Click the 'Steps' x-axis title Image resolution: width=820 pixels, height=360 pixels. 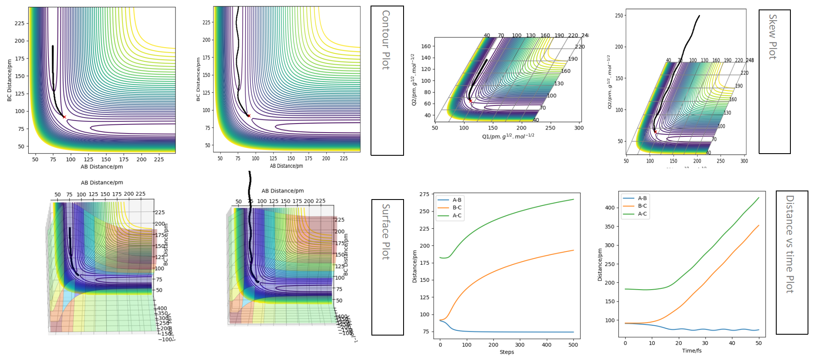point(506,352)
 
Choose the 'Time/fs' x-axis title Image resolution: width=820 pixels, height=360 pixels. point(692,351)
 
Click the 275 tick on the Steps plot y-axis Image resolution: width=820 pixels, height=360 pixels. point(424,194)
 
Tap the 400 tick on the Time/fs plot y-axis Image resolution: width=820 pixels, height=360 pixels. point(609,208)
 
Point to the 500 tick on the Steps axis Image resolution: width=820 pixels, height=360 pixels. point(573,345)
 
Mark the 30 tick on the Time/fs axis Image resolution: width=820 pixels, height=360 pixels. point(705,343)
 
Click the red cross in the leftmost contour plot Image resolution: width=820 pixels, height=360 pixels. point(64,117)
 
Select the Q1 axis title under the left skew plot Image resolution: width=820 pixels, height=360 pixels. point(508,136)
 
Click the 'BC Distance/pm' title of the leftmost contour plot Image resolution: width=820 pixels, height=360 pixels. point(9,80)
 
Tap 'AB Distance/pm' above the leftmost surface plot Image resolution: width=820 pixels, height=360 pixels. point(102,182)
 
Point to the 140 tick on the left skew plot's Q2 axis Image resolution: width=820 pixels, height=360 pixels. point(426,57)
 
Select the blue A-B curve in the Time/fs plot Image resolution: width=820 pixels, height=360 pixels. point(708,330)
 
